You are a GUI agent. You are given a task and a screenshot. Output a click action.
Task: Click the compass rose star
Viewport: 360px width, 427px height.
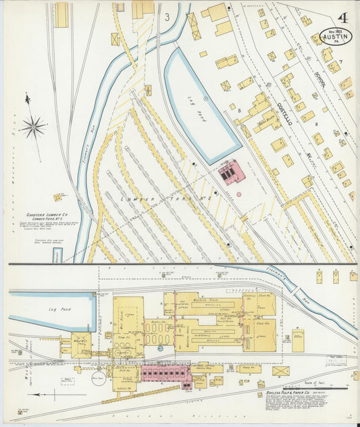click(x=32, y=126)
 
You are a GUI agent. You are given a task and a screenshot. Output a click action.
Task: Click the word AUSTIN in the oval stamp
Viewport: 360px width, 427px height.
click(x=336, y=38)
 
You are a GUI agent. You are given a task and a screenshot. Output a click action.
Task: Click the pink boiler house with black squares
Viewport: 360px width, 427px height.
click(x=165, y=373)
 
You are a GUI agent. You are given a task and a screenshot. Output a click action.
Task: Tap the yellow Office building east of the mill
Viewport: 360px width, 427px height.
click(x=298, y=340)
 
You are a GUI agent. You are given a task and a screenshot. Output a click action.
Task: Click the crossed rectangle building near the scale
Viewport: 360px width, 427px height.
click(x=280, y=371)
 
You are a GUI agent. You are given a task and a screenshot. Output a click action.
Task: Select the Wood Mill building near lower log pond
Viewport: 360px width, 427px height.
click(x=80, y=343)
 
